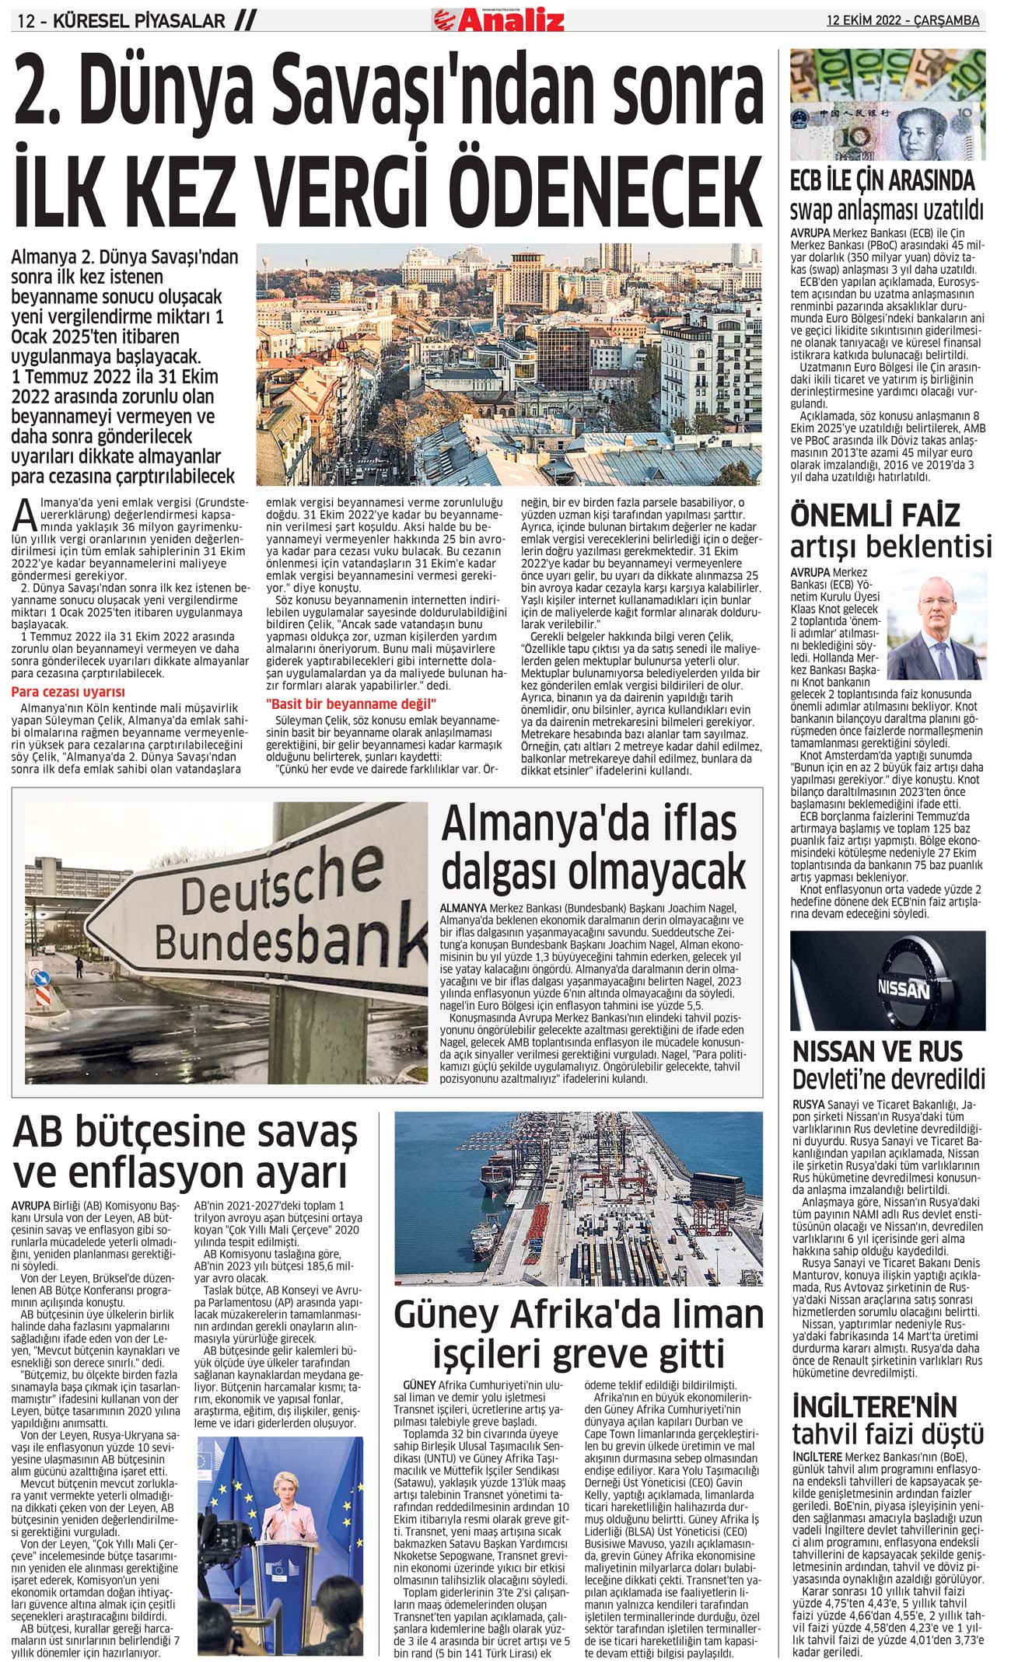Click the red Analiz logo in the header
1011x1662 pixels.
click(499, 19)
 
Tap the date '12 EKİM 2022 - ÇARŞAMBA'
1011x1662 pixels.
click(902, 21)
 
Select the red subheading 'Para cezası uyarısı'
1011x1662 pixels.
click(68, 692)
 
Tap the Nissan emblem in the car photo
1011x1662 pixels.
click(903, 988)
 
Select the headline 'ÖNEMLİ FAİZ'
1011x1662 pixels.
click(875, 515)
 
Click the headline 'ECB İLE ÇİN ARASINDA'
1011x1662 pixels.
click(882, 181)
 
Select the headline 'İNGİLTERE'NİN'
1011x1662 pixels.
click(874, 1406)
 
